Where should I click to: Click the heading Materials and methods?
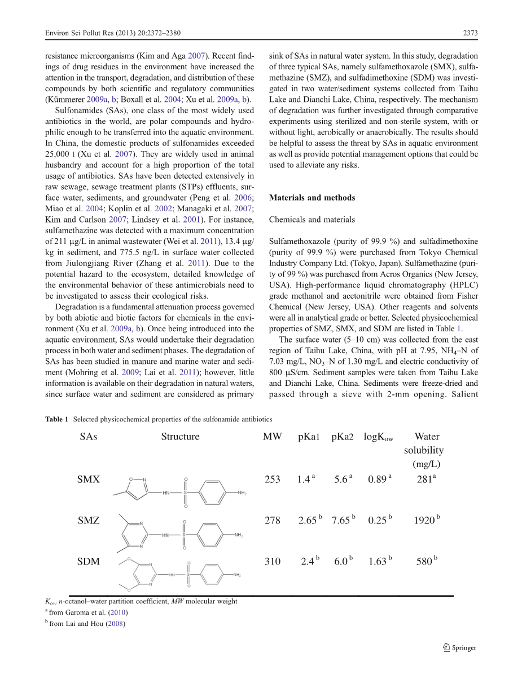tap(312, 198)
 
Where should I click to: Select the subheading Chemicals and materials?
tap(308, 219)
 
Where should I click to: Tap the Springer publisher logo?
tap(460, 647)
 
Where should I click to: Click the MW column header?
tap(273, 437)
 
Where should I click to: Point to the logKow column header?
tap(378, 437)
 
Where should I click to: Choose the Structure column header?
tap(180, 437)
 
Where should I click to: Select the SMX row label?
tap(89, 479)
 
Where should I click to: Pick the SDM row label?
tap(89, 561)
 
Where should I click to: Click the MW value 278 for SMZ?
tap(273, 521)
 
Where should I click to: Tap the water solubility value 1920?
tap(424, 521)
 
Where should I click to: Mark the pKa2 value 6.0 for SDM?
tap(341, 562)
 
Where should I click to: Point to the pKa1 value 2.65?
tap(308, 521)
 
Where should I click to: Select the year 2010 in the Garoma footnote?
tap(119, 612)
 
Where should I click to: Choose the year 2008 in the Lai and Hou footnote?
tap(116, 624)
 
